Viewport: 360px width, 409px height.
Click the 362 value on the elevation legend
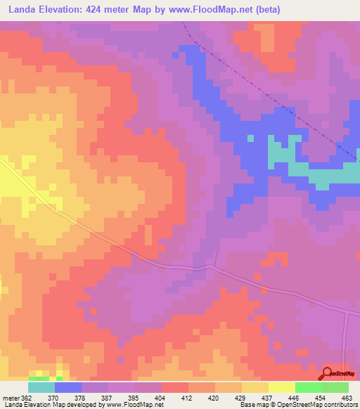coord(26,397)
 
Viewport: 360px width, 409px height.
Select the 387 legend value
coord(108,397)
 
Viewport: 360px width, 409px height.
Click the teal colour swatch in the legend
coord(41,387)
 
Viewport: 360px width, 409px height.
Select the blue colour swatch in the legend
coord(68,387)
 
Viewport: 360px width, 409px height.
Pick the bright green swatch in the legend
coord(309,387)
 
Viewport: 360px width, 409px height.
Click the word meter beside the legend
coord(8,397)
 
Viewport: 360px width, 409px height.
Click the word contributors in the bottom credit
coord(338,405)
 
